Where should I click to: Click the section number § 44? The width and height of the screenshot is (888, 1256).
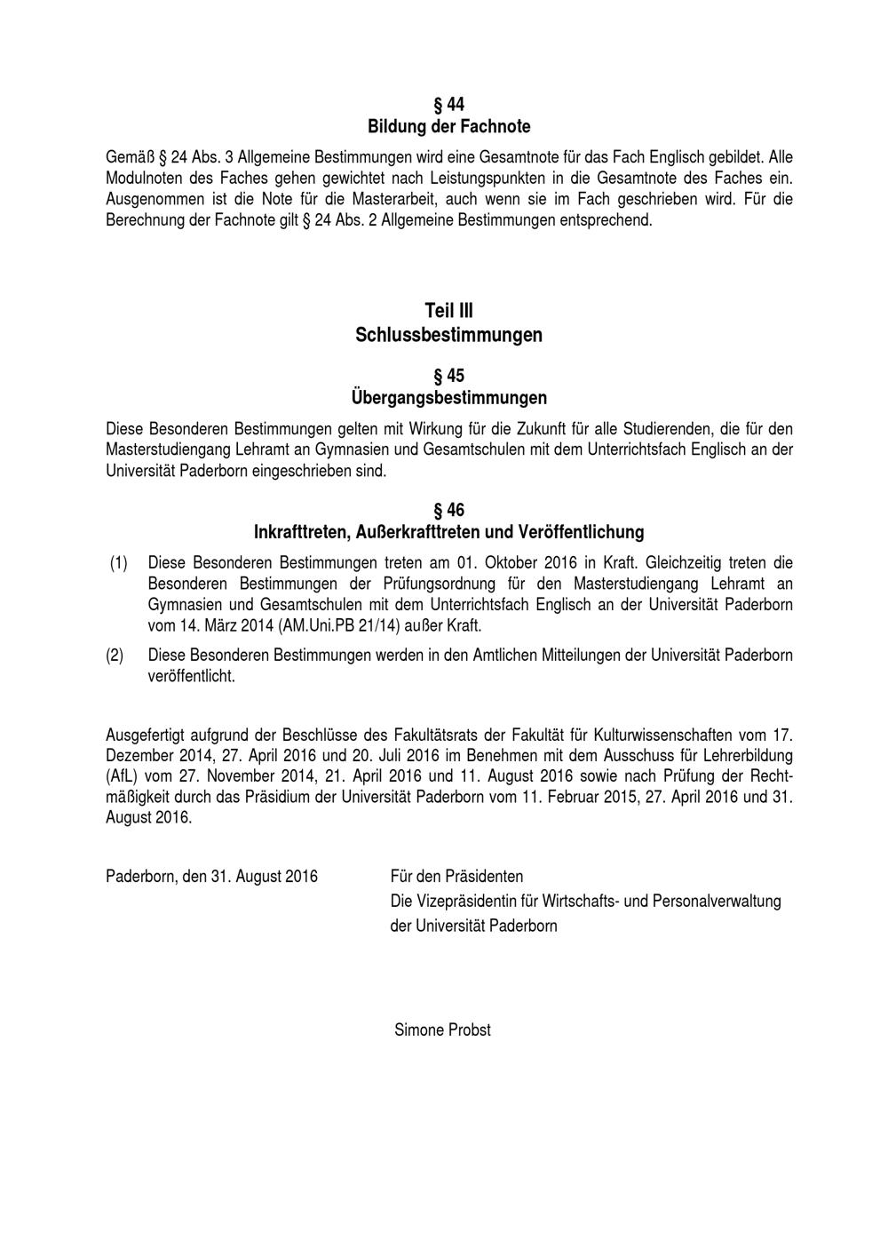[x=448, y=105]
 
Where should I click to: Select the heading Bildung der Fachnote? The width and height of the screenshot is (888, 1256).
[x=448, y=127]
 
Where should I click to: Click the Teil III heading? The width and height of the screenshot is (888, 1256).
[x=448, y=311]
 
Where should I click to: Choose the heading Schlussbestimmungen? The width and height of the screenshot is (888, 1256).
[x=448, y=335]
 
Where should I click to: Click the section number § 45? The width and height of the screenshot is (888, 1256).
[x=448, y=376]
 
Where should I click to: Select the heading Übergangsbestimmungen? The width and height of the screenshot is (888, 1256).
[x=448, y=397]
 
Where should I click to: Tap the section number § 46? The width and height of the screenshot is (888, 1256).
[x=448, y=510]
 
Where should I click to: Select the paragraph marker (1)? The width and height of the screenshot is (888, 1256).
[x=119, y=563]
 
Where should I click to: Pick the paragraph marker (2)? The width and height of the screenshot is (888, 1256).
[x=115, y=656]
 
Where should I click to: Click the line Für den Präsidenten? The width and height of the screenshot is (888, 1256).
[x=456, y=877]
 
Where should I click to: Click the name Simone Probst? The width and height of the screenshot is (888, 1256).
[x=442, y=1030]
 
